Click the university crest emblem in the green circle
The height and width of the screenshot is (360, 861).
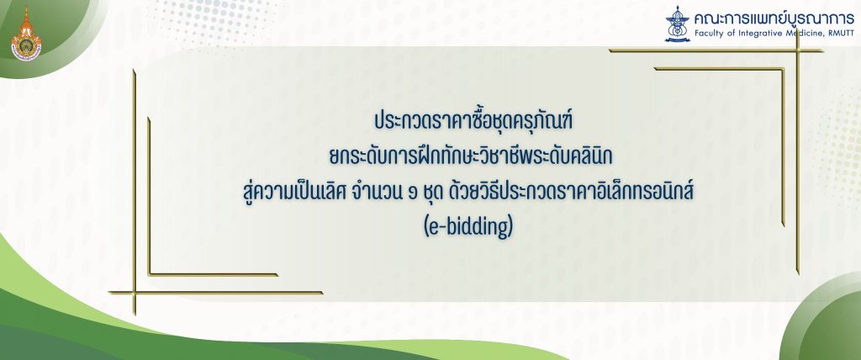(x=26, y=34)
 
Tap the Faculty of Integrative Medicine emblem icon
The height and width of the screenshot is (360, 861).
(x=677, y=24)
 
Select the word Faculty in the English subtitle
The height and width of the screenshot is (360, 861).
(x=708, y=34)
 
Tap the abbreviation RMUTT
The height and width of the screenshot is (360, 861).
(x=841, y=34)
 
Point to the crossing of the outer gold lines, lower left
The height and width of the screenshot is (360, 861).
(x=134, y=293)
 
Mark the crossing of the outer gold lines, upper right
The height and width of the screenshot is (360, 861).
(x=797, y=50)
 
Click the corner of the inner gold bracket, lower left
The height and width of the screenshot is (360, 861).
(x=149, y=274)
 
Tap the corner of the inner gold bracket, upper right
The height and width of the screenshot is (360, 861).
(x=784, y=69)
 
